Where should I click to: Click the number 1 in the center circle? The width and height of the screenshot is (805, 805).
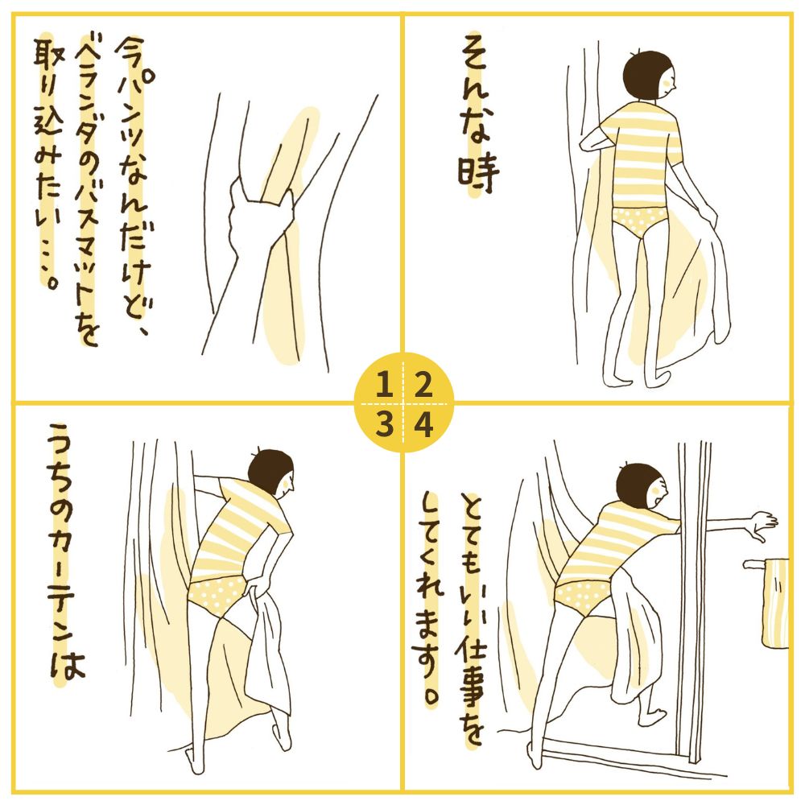click(x=384, y=386)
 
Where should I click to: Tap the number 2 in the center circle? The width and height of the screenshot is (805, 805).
click(x=423, y=386)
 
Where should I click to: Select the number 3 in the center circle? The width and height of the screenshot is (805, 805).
click(x=384, y=424)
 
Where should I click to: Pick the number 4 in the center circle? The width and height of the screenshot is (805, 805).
click(x=423, y=424)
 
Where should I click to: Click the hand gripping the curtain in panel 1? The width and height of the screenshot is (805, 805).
click(x=260, y=221)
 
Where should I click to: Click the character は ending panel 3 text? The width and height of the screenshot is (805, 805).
click(x=67, y=663)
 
